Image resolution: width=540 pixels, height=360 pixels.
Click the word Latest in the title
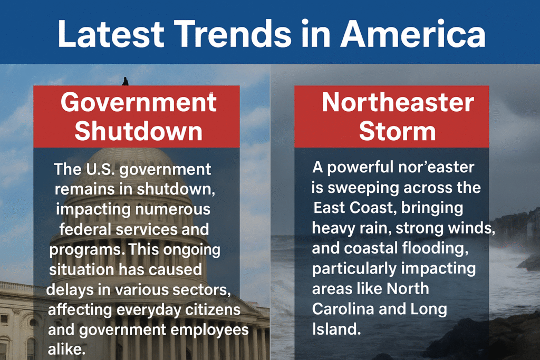111,34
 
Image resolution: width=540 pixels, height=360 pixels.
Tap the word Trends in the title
235,34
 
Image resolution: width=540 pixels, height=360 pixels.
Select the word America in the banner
413,34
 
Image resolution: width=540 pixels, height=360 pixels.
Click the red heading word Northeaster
398,102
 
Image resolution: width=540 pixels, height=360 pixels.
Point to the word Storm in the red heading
398,131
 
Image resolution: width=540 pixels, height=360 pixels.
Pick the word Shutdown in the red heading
139,131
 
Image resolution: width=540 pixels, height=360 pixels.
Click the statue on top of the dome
125,81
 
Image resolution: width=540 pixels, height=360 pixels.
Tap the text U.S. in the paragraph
100,169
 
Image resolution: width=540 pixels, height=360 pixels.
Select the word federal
85,229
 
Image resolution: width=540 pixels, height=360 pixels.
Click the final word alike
66,349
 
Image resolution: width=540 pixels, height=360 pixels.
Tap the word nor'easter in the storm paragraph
436,167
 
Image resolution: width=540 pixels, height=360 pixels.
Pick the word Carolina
343,309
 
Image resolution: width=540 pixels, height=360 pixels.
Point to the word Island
336,329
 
